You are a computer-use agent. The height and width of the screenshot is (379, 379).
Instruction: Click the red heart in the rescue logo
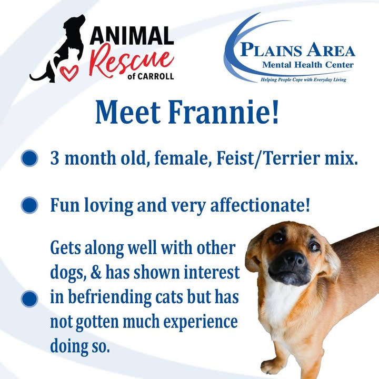[x=69, y=73]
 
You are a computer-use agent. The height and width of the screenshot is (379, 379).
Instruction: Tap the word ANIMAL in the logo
[x=132, y=36]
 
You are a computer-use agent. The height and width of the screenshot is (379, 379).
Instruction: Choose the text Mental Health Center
[x=308, y=65]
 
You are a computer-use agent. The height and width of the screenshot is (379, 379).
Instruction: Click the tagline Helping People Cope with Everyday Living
[x=303, y=79]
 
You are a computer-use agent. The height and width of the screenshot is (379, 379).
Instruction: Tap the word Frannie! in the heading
[x=224, y=112]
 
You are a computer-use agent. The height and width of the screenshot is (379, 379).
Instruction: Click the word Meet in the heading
[x=128, y=113]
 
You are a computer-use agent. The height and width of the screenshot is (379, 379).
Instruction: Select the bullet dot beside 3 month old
[x=29, y=158]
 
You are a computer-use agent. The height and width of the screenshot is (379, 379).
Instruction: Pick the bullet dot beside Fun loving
[x=29, y=205]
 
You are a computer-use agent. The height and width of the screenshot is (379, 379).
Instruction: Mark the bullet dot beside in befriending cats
[x=29, y=299]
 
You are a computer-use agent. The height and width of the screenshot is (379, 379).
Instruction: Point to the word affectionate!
[x=260, y=205]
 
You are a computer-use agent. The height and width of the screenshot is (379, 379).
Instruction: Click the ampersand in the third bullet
[x=96, y=273]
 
